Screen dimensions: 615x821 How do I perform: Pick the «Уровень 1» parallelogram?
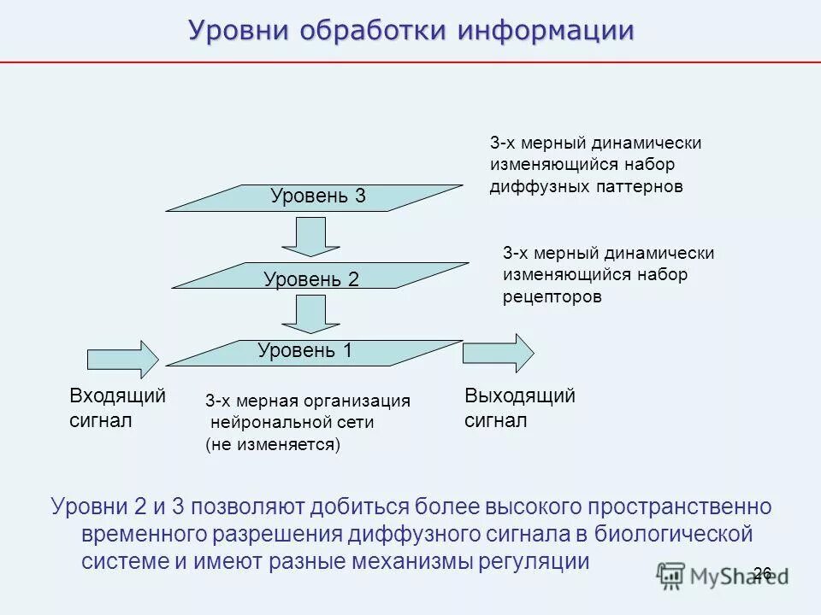(x=314, y=353)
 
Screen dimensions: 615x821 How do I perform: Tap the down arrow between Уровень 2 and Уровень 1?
(x=305, y=313)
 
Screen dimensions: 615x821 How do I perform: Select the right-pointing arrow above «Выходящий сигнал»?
(x=499, y=353)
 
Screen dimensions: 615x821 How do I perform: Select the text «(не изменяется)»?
(x=273, y=445)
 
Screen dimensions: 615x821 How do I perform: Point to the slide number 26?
(x=762, y=573)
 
